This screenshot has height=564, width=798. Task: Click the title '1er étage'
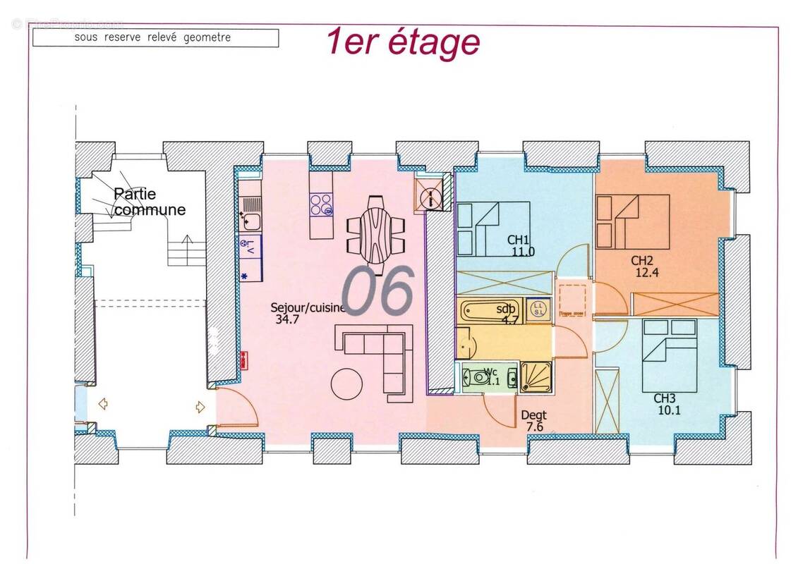(x=403, y=42)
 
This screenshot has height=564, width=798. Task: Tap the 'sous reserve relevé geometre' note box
(x=155, y=37)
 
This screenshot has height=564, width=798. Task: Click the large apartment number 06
(x=377, y=290)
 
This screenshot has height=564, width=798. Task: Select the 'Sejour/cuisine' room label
(x=308, y=308)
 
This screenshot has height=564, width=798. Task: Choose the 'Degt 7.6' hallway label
(x=534, y=421)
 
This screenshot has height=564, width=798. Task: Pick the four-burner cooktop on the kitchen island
(x=321, y=204)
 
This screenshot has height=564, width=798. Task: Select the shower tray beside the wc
(x=536, y=377)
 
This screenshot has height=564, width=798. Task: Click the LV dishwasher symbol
(x=250, y=246)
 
